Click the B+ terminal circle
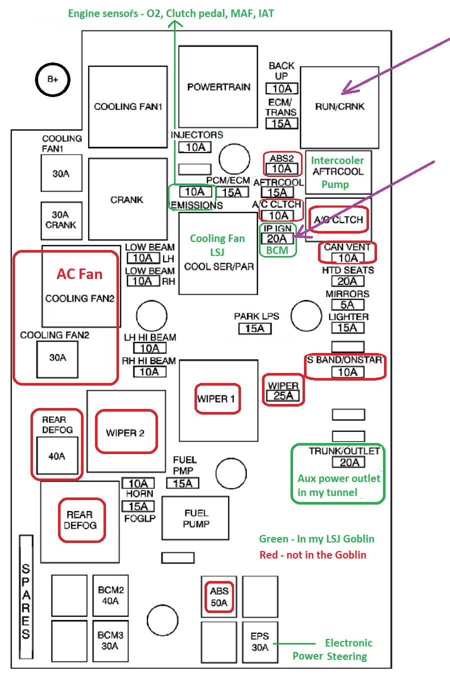click(x=52, y=79)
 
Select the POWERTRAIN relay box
click(x=218, y=86)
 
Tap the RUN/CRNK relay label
click(x=340, y=106)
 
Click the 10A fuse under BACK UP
click(x=281, y=88)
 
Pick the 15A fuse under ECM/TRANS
click(x=281, y=123)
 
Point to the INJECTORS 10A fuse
click(x=195, y=147)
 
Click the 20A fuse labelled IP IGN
click(x=277, y=238)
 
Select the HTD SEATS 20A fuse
click(x=348, y=281)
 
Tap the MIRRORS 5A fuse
click(x=348, y=305)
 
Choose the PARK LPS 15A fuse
click(x=255, y=328)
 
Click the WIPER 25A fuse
click(x=283, y=395)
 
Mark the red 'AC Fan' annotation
click(x=79, y=274)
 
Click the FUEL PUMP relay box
click(x=195, y=518)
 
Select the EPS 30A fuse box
click(x=260, y=642)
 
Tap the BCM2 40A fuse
click(x=110, y=595)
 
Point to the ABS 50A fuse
click(x=219, y=596)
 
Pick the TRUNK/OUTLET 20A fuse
click(x=348, y=462)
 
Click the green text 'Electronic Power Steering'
click(x=332, y=649)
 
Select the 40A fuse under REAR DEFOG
click(x=57, y=456)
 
